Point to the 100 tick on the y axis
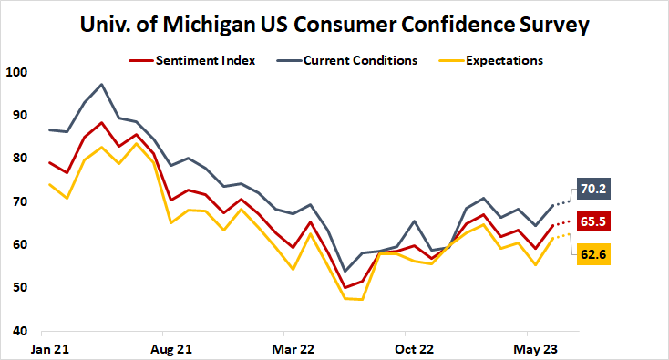(x=16, y=72)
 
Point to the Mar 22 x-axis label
(x=293, y=348)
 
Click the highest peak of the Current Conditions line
(x=101, y=85)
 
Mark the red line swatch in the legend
(x=139, y=61)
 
